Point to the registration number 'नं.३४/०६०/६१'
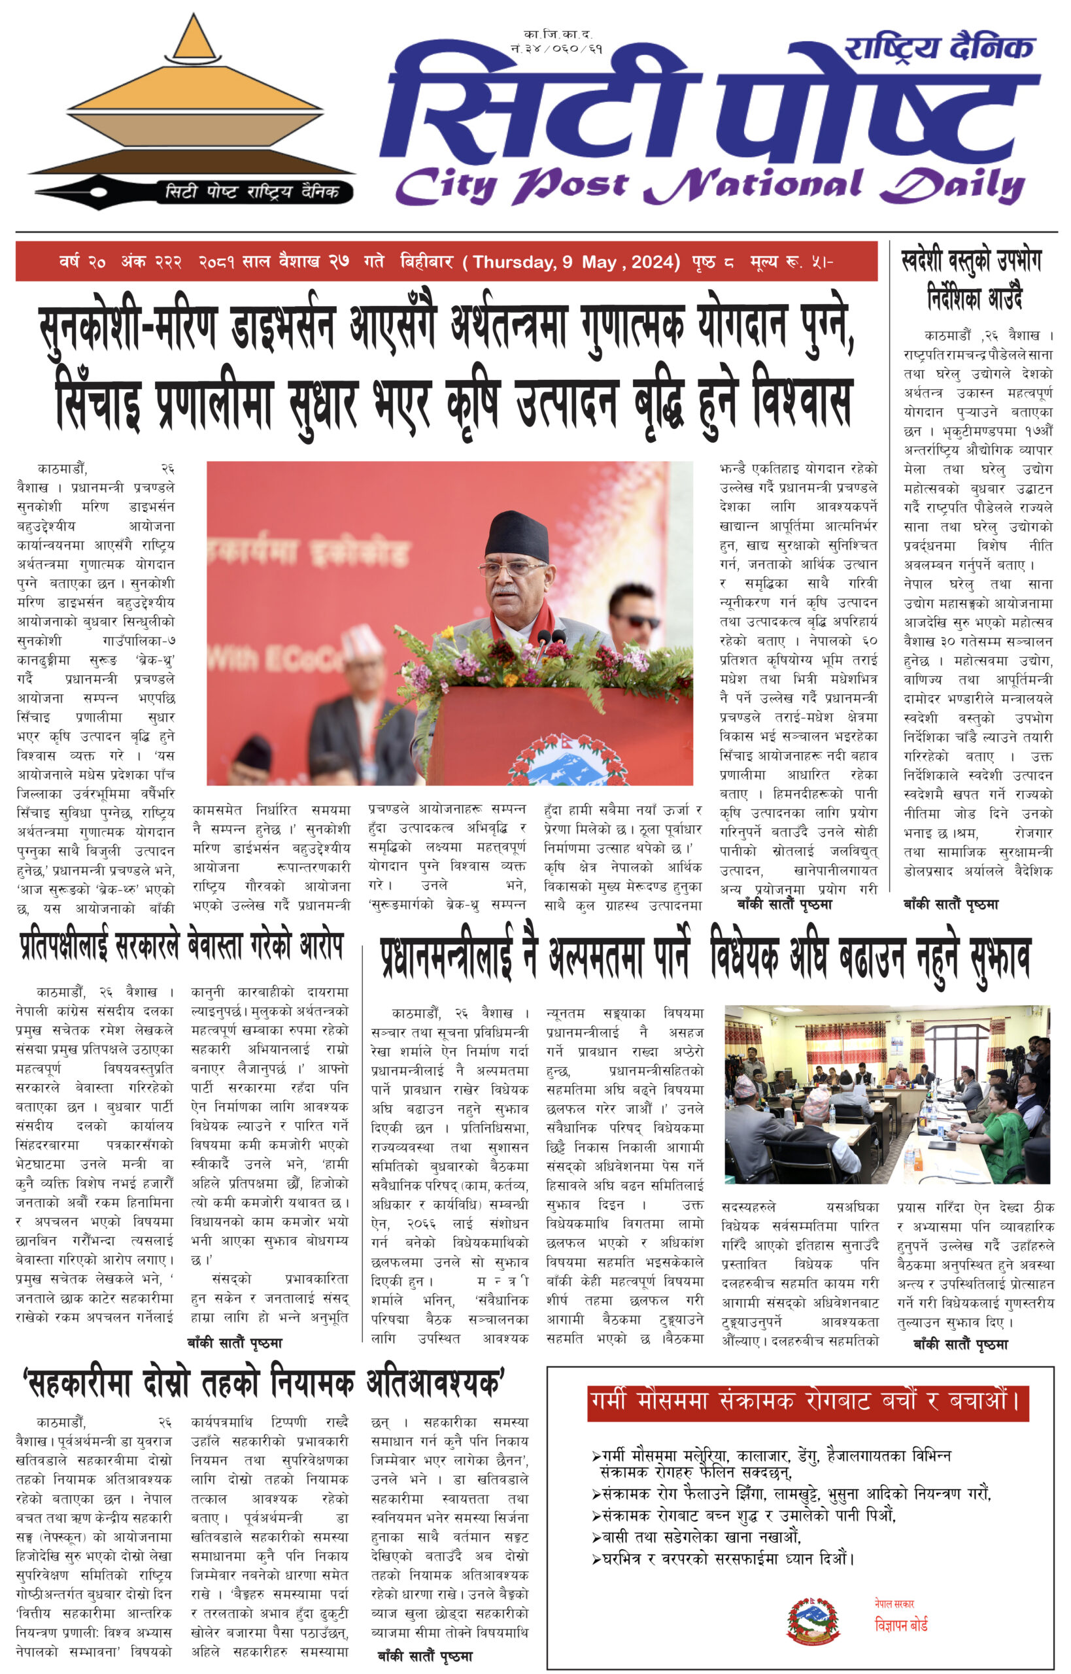click(x=556, y=48)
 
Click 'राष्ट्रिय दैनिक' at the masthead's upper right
click(x=940, y=47)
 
